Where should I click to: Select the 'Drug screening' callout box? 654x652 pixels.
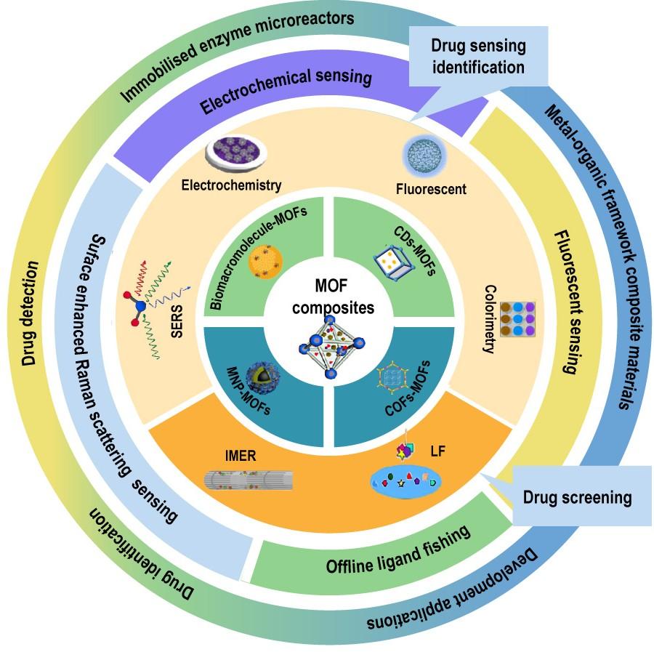(x=578, y=498)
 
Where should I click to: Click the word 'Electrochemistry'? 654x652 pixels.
(x=231, y=185)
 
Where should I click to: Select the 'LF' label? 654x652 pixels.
(x=437, y=452)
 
